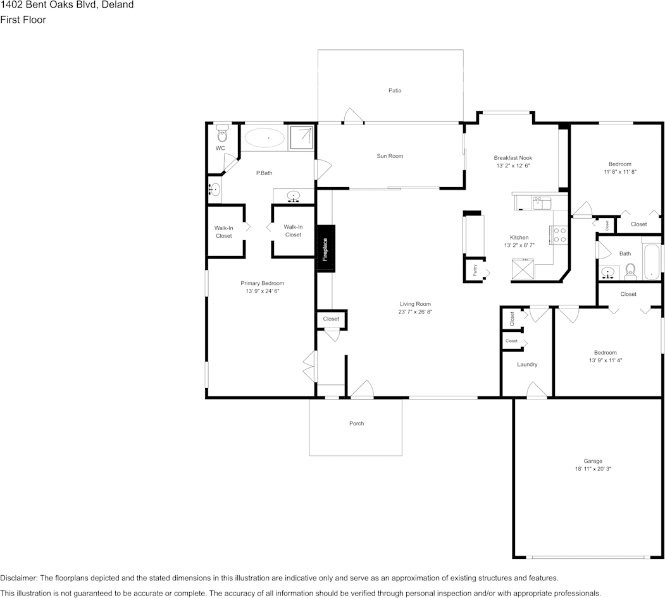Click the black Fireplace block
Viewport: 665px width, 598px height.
[325, 248]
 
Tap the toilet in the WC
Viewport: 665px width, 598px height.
[221, 135]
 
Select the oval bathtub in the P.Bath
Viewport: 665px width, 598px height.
[264, 137]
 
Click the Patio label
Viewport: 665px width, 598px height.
[395, 90]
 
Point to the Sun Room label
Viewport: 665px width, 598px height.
[390, 156]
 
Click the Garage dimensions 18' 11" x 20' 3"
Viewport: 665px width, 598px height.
[593, 469]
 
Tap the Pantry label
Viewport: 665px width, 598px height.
[475, 270]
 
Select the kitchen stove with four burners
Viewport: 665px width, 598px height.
[560, 235]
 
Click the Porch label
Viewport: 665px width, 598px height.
[357, 424]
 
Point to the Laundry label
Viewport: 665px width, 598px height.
[527, 364]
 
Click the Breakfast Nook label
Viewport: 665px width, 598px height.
[513, 157]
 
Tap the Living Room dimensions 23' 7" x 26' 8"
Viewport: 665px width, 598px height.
[414, 312]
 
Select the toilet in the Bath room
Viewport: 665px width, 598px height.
[630, 272]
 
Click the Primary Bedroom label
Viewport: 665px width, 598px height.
[262, 283]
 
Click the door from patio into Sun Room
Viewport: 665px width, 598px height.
[352, 116]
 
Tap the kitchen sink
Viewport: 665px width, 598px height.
[542, 202]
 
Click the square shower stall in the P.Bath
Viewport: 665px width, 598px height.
[302, 137]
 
